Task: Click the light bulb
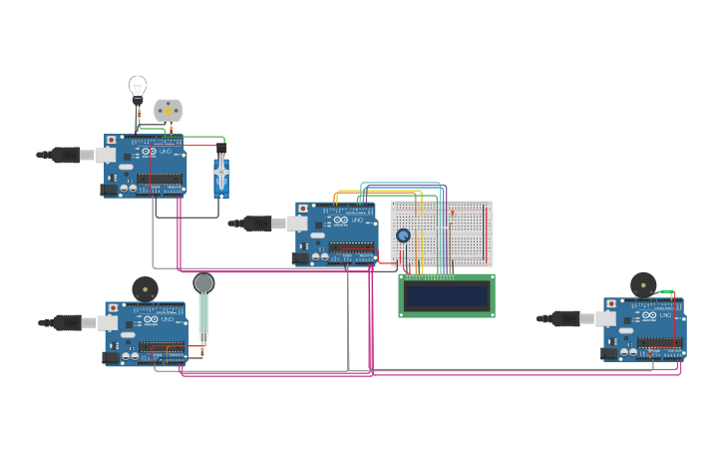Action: (x=138, y=88)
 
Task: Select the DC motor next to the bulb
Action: (x=169, y=110)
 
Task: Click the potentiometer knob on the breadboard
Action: (x=403, y=235)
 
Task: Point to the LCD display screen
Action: (x=447, y=295)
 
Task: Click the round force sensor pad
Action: (x=203, y=283)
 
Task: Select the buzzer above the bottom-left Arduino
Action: (x=145, y=289)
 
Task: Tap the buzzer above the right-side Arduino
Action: (x=643, y=285)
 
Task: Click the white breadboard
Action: (x=442, y=233)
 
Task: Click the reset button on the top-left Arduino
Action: (x=111, y=140)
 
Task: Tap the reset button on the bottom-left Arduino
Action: (x=112, y=307)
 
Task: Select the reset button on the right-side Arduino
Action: (x=610, y=302)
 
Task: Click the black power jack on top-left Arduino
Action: (x=108, y=189)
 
